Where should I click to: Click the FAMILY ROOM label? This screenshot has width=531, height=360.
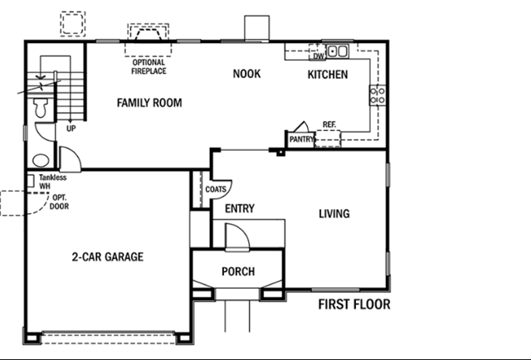pyautogui.click(x=149, y=103)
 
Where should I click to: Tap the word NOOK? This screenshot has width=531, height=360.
pyautogui.click(x=247, y=74)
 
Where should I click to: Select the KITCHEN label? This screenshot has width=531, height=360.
pyautogui.click(x=328, y=75)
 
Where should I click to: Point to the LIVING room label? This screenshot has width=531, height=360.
pyautogui.click(x=334, y=214)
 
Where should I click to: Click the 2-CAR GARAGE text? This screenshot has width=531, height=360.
pyautogui.click(x=108, y=256)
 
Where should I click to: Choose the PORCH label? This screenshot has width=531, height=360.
pyautogui.click(x=238, y=271)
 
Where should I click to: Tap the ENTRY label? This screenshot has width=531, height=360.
pyautogui.click(x=240, y=208)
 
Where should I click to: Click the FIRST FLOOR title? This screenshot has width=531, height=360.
pyautogui.click(x=354, y=304)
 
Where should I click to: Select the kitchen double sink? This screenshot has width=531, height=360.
pyautogui.click(x=338, y=51)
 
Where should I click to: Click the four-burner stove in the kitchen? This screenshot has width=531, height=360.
pyautogui.click(x=378, y=95)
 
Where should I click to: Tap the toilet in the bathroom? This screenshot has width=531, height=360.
pyautogui.click(x=41, y=107)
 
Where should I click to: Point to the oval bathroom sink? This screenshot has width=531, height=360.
pyautogui.click(x=41, y=160)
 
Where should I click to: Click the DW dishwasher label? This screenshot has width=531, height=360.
pyautogui.click(x=319, y=56)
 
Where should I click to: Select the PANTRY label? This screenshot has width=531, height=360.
pyautogui.click(x=301, y=139)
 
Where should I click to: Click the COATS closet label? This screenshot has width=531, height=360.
pyautogui.click(x=216, y=189)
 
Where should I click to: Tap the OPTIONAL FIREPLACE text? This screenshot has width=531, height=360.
pyautogui.click(x=149, y=66)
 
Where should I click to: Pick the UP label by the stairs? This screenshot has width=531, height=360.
pyautogui.click(x=71, y=129)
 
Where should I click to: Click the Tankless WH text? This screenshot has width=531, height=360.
pyautogui.click(x=52, y=182)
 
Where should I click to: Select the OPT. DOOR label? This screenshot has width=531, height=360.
pyautogui.click(x=59, y=202)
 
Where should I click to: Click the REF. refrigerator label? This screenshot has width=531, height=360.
pyautogui.click(x=329, y=124)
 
